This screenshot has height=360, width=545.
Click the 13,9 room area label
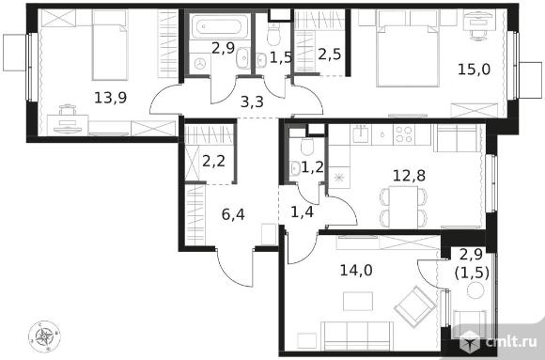pos(111,98)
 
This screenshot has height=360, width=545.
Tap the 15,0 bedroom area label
pos(475,70)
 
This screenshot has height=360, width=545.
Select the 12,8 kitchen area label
pos(409,176)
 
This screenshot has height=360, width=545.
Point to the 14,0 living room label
pos(356,270)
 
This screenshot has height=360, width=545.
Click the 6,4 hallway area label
pos(233,214)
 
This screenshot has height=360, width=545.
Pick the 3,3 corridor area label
pos(252,102)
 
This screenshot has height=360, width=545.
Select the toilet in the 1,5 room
pos(273,35)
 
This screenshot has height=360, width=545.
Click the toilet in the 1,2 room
pos(307,147)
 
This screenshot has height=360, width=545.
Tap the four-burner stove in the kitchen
pos(403,134)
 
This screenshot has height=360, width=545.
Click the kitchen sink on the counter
pos(362,133)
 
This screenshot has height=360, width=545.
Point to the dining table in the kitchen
pos(403,207)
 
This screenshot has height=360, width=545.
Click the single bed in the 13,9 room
pos(110,45)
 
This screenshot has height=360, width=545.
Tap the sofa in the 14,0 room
pos(357,336)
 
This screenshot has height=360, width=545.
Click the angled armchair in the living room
pos(415,306)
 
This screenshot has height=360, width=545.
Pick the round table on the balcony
pos(475,290)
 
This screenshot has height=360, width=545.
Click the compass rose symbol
pos(44,337)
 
